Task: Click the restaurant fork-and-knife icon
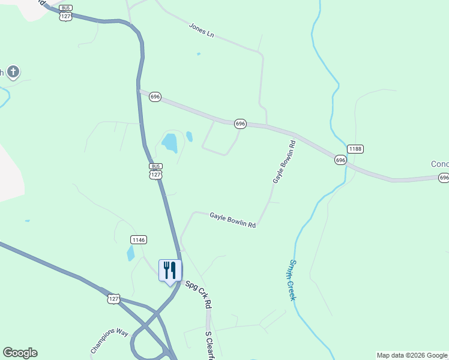170,270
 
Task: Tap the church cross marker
13,73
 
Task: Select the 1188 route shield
355,149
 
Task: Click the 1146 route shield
138,240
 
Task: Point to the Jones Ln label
201,31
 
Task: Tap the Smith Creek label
293,280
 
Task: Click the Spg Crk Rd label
198,295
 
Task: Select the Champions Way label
110,341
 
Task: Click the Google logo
20,353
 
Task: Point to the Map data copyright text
412,355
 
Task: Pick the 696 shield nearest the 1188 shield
340,160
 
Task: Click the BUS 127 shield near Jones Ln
66,13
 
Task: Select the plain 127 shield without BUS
114,299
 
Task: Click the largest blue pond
170,143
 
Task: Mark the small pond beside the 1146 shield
131,253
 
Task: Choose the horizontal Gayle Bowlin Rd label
233,220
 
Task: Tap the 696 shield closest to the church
155,97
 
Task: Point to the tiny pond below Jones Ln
199,54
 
